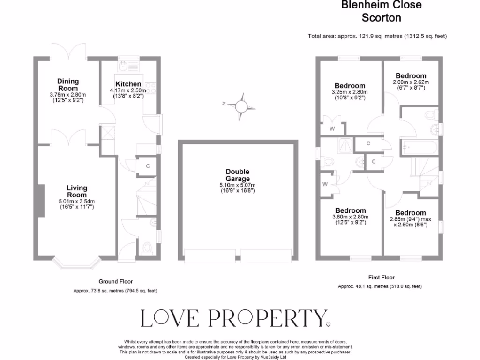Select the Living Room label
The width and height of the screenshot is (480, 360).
coord(77,191)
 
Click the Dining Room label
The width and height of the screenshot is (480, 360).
coord(68,85)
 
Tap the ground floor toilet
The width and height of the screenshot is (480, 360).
coord(147,247)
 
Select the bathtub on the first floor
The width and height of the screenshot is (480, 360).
coord(420,147)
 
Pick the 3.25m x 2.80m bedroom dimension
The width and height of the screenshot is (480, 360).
coord(350,92)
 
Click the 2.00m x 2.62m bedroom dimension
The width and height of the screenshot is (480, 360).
coord(411,82)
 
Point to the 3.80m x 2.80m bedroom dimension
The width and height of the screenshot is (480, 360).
coord(350,217)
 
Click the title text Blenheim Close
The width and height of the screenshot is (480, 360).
coord(381,5)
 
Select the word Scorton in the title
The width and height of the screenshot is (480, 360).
coord(381,18)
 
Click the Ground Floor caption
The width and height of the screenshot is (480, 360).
coord(115,282)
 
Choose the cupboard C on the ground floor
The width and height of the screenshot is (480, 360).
coord(148,166)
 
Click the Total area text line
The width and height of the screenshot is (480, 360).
coord(377,36)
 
